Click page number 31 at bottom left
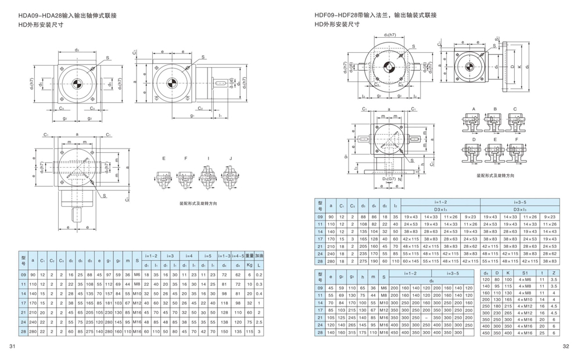coord(11,347)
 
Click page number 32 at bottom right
coord(566,347)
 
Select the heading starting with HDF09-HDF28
coord(375,15)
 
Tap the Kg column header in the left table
coord(249,265)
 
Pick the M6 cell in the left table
coord(137,274)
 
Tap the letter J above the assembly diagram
coord(230,158)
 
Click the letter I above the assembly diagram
coord(208,158)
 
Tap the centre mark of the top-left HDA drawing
coord(77,84)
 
